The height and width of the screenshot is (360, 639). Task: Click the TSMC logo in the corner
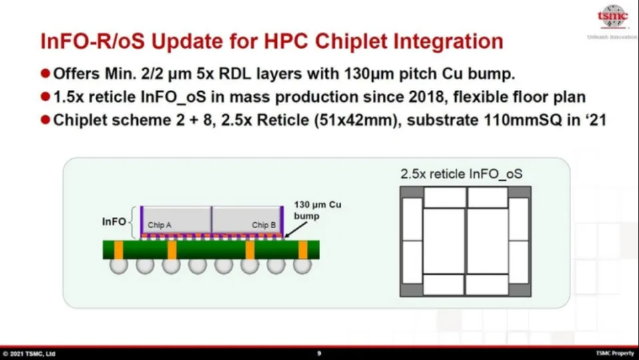click(612, 17)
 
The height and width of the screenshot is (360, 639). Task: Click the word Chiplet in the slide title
click(357, 41)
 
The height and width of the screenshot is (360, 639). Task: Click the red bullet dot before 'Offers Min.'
click(45, 73)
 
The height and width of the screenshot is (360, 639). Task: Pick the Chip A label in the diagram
click(159, 225)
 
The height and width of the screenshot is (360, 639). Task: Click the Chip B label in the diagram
click(264, 225)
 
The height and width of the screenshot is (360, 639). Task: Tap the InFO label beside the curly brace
click(114, 222)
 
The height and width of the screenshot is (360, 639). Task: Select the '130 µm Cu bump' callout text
click(318, 210)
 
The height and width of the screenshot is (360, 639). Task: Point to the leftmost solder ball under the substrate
click(118, 265)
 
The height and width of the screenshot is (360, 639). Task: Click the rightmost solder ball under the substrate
click(302, 265)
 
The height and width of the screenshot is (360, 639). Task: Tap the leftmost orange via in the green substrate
click(118, 250)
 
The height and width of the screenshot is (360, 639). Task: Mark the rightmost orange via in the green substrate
click(303, 250)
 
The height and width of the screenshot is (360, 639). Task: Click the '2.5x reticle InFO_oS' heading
click(461, 174)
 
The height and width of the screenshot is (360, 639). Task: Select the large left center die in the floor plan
click(444, 241)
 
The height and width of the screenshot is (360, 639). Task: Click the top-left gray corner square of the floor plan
click(411, 192)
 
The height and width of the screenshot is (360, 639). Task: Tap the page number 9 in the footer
click(319, 353)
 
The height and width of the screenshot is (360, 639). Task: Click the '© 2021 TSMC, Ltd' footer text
click(29, 353)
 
